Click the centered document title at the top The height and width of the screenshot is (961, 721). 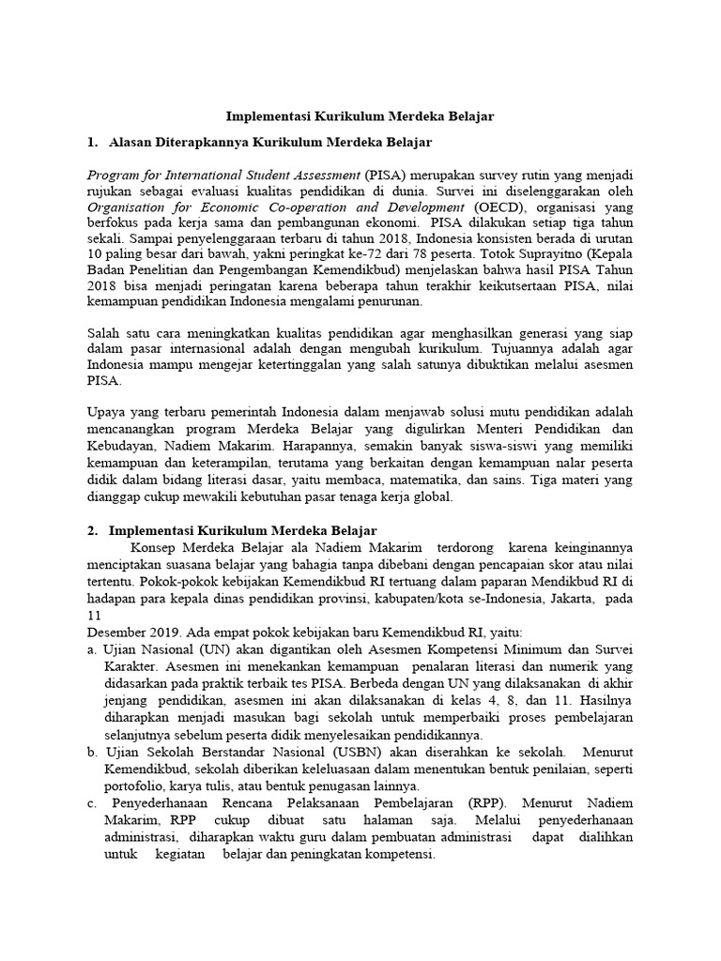pyautogui.click(x=360, y=116)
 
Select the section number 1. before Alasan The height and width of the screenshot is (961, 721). pyautogui.click(x=92, y=142)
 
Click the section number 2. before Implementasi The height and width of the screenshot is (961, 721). pyautogui.click(x=92, y=530)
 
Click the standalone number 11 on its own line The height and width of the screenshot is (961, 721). pyautogui.click(x=94, y=615)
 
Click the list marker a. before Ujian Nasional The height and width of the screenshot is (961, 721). pyautogui.click(x=92, y=649)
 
